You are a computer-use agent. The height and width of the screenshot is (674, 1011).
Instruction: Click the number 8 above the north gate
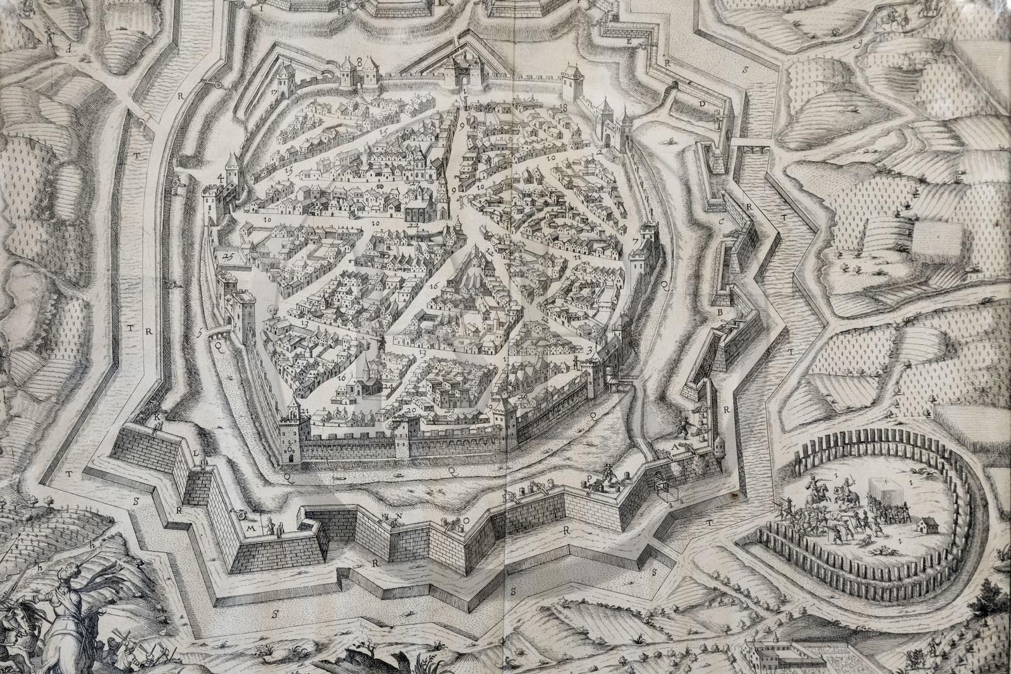tap(359, 61)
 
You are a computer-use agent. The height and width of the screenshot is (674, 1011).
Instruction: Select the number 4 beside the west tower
tap(221, 178)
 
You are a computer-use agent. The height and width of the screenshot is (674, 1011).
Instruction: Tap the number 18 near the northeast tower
tap(564, 109)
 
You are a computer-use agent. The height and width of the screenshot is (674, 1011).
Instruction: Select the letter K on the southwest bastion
tap(152, 417)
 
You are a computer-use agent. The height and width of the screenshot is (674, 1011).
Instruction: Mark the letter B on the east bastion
tap(719, 312)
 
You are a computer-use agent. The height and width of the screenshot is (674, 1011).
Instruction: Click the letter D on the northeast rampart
tap(701, 102)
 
